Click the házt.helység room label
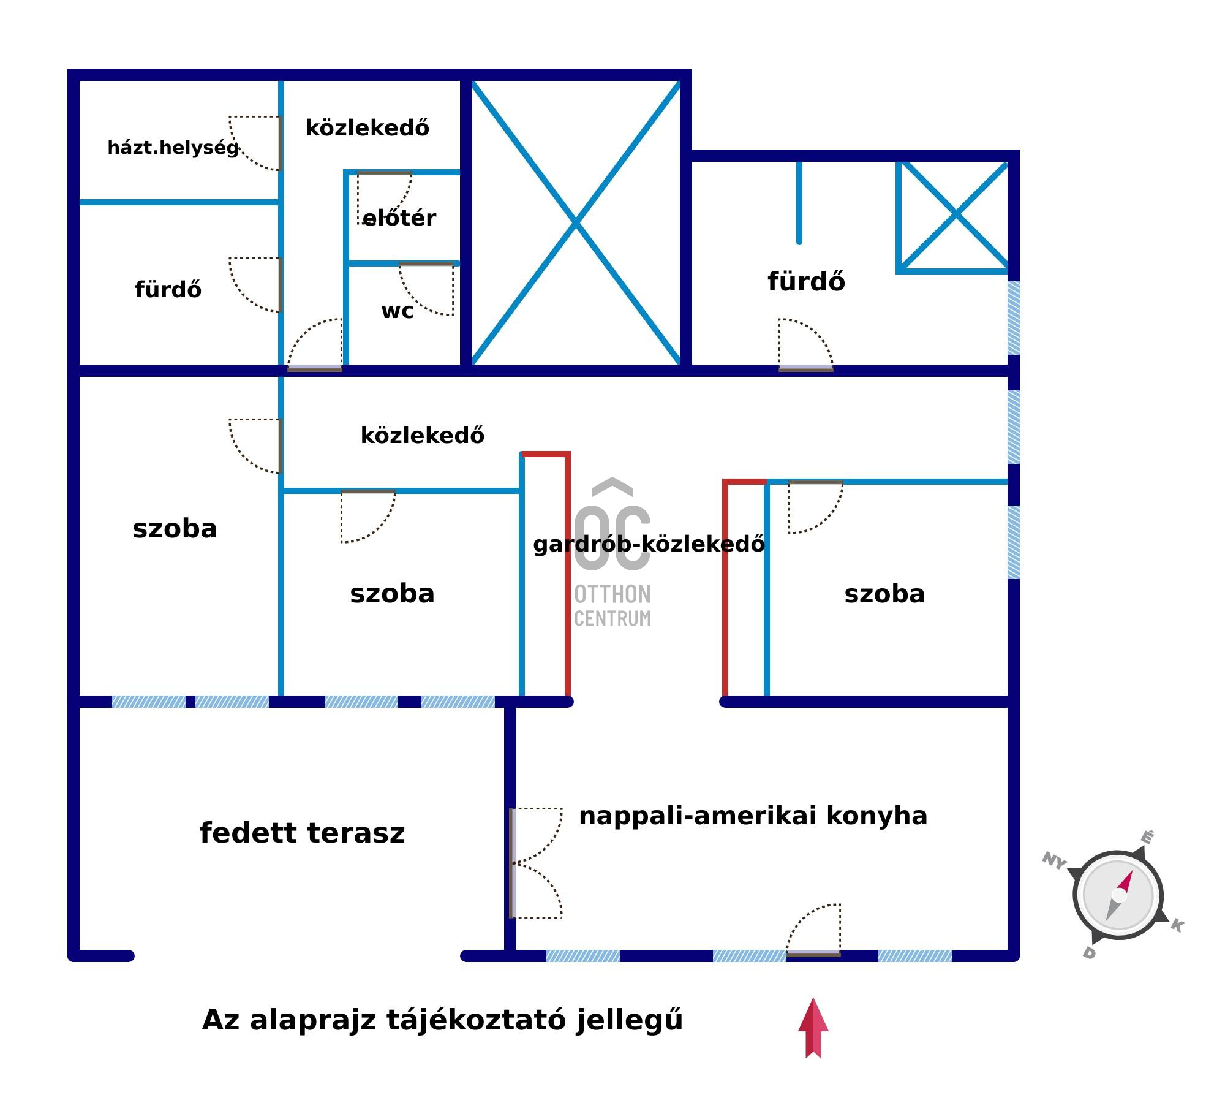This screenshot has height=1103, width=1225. pyautogui.click(x=173, y=148)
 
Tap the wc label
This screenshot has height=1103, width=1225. pyautogui.click(x=397, y=311)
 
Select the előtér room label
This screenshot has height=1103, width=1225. pyautogui.click(x=399, y=218)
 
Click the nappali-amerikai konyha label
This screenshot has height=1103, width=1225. pyautogui.click(x=753, y=816)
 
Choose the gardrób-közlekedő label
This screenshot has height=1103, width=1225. pyautogui.click(x=649, y=544)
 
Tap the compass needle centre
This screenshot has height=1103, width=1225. pyautogui.click(x=1118, y=896)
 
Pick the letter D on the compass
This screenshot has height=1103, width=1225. pyautogui.click(x=1089, y=952)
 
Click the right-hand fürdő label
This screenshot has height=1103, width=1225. pyautogui.click(x=806, y=282)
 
